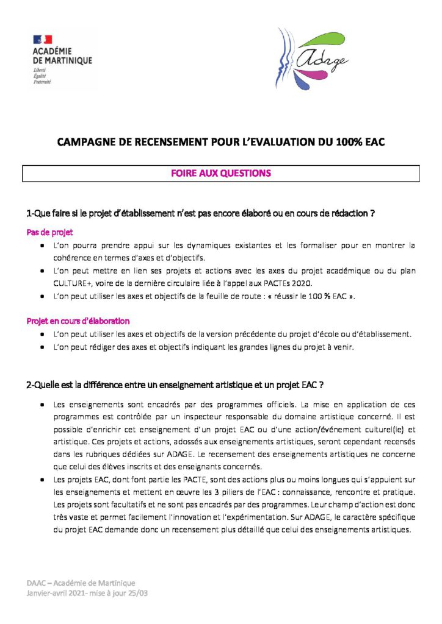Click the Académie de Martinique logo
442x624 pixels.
63,58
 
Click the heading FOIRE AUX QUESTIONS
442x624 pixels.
221,174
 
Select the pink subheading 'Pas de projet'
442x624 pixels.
49,232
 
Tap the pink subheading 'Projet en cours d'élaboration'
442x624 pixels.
78,321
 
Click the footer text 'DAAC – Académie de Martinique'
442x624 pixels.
81,583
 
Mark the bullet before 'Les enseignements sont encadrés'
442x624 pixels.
41,405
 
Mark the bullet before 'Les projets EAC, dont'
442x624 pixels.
41,480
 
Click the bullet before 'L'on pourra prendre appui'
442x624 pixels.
41,246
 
